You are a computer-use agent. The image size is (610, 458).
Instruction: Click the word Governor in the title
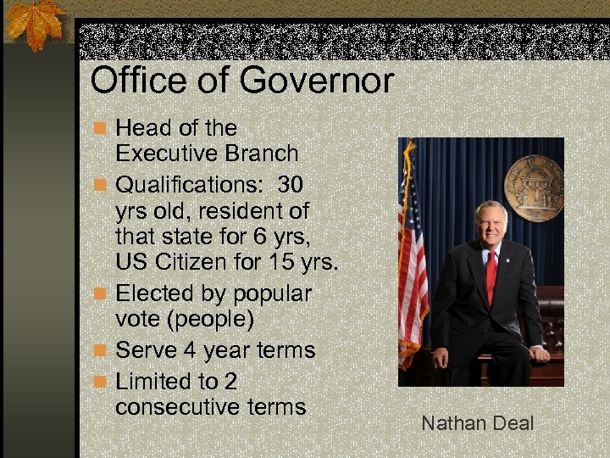click(x=318, y=81)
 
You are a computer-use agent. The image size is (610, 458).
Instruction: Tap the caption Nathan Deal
click(x=478, y=422)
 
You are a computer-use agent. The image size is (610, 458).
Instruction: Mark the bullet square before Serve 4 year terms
click(x=101, y=350)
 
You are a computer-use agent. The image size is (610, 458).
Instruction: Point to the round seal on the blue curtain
click(x=534, y=187)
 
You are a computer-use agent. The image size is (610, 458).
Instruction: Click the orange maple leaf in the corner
click(x=33, y=22)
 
